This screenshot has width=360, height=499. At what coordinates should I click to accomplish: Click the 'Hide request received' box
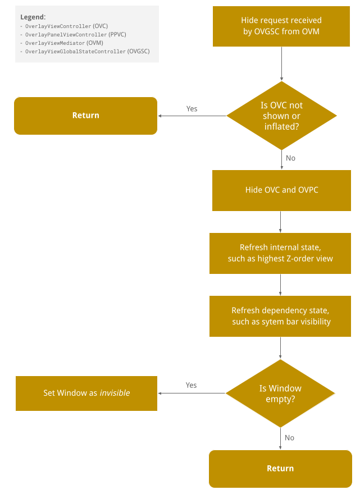(281, 26)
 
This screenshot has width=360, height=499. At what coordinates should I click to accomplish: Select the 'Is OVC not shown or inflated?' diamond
(281, 116)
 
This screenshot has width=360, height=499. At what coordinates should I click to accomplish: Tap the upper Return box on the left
(85, 116)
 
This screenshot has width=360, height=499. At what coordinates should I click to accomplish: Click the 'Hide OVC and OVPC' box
(281, 190)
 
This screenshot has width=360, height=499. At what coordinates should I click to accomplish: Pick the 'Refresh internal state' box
(280, 253)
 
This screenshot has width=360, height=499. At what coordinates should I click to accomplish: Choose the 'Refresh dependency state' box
(280, 316)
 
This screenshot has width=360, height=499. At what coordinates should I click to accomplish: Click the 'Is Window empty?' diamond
(280, 393)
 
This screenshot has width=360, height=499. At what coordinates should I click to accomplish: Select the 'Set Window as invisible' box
(86, 393)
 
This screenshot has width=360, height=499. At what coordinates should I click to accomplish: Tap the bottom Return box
(280, 469)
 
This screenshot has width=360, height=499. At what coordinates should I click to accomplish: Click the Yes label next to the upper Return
(192, 109)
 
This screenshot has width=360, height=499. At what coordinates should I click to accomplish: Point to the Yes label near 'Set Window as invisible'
(191, 385)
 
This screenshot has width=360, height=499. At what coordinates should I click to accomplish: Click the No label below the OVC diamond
(290, 158)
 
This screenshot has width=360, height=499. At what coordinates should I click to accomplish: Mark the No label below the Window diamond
(289, 438)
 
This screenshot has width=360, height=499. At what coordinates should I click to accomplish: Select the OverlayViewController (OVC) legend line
(66, 26)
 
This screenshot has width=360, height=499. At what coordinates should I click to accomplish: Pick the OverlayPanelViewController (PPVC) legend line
(75, 35)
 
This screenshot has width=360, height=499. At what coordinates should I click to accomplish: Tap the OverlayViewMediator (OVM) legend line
(64, 43)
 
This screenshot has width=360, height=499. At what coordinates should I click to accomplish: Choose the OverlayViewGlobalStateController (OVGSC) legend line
(87, 51)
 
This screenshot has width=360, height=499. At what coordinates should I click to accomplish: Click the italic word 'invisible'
(115, 393)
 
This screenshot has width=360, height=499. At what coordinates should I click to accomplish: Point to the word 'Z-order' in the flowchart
(302, 259)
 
